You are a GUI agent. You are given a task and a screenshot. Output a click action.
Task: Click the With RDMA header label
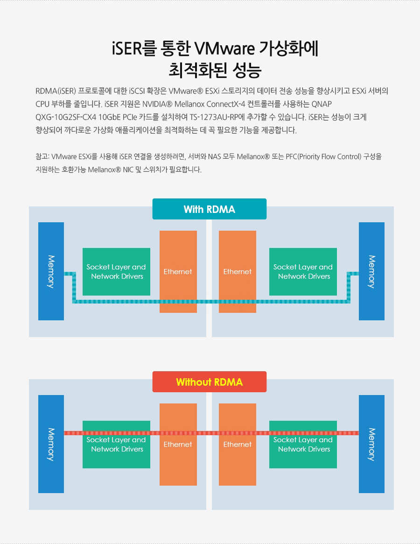210,209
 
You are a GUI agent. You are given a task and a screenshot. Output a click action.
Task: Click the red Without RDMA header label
210,382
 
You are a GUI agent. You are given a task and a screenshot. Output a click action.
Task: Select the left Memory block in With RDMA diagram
51,271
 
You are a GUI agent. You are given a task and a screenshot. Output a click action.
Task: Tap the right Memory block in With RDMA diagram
371,271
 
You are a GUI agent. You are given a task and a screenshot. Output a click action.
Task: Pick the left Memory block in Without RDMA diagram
51,444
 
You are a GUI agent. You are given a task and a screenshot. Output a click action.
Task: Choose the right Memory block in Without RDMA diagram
371,444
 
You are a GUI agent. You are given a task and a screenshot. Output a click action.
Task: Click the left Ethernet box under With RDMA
178,272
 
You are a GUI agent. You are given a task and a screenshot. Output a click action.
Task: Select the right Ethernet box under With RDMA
238,272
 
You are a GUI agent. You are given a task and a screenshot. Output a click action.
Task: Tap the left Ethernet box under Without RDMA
178,445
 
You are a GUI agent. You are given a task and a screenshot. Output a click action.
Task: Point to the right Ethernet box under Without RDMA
238,445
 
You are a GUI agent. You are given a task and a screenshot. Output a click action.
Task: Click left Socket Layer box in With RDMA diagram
117,272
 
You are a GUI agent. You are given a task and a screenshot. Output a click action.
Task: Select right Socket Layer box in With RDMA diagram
303,272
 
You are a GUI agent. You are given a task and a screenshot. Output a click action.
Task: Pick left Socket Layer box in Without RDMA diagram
117,445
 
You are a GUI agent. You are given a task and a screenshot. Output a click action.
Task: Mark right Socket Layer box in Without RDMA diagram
303,445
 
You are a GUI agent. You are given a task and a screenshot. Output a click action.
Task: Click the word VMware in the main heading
224,48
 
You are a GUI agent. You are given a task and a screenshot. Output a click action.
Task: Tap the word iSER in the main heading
127,48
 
